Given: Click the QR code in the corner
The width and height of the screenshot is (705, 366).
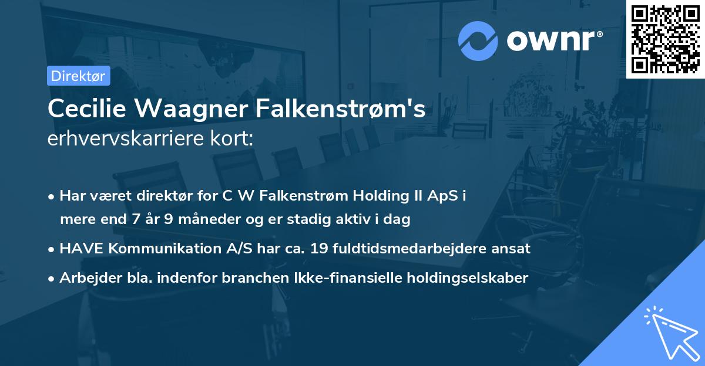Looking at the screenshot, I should coord(665,39).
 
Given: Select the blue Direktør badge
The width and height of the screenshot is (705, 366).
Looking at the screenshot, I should coord(78,76).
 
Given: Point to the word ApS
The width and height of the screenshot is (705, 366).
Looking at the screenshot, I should coord(442,195).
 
